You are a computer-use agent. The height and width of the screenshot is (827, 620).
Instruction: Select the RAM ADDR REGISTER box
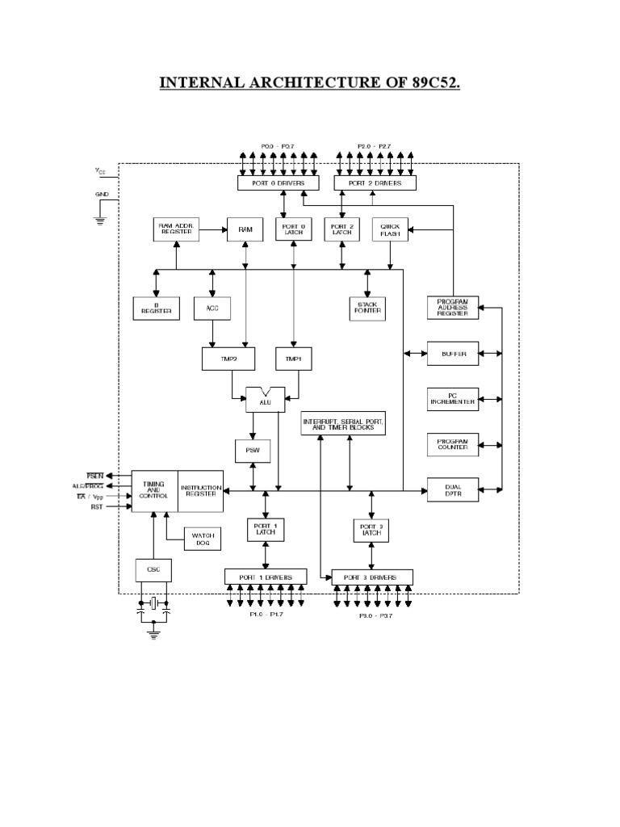176,229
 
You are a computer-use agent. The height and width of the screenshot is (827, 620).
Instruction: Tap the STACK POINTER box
367,308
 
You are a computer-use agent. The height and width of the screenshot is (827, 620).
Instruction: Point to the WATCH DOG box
202,539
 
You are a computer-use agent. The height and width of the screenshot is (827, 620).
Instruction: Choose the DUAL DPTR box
453,488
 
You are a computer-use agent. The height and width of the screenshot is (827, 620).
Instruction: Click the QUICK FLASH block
391,229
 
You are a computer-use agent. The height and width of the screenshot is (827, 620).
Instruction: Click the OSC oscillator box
153,569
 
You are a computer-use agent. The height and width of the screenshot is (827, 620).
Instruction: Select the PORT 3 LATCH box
371,531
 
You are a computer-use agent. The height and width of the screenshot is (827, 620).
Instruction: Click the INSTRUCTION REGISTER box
200,490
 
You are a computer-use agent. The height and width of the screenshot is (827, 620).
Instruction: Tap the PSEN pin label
95,476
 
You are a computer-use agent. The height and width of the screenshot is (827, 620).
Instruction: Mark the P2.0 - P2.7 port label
375,146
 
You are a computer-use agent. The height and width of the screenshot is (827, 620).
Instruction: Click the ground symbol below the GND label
101,220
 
